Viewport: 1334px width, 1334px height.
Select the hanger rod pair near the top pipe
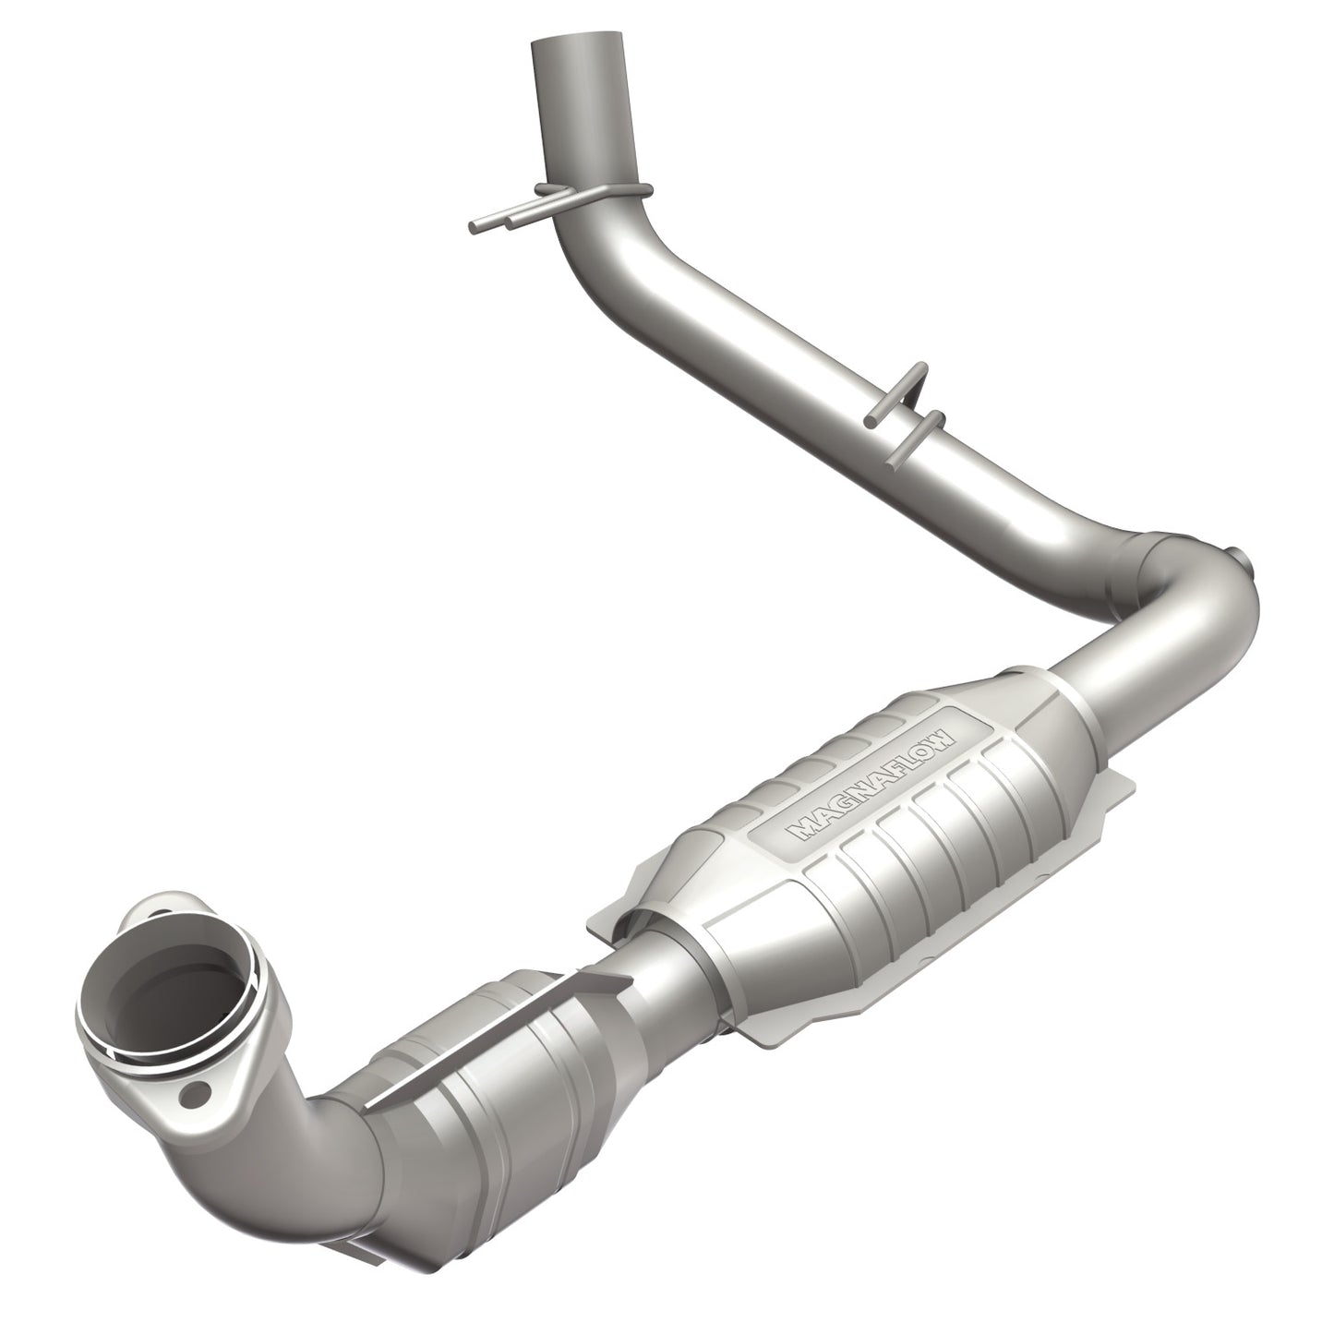coord(517,220)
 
